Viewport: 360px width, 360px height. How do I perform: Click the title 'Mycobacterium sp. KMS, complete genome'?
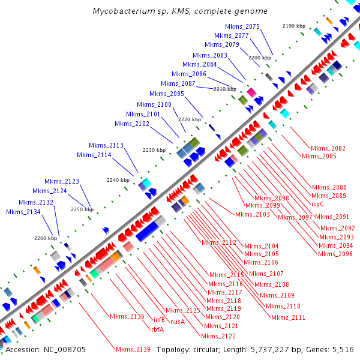click(x=180, y=11)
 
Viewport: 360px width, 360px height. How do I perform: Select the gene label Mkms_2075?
click(x=242, y=26)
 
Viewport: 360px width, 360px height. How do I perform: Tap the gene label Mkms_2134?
click(x=23, y=212)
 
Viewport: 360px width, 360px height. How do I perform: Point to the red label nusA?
click(x=177, y=322)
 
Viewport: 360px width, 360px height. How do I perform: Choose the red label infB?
click(x=158, y=320)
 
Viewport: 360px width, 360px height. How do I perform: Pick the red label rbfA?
click(x=157, y=328)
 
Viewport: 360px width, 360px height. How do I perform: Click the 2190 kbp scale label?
click(x=294, y=26)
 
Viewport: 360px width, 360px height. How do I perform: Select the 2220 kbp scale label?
click(x=190, y=119)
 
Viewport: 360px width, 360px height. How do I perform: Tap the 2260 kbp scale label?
click(x=45, y=238)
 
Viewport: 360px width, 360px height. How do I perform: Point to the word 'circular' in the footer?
click(x=209, y=349)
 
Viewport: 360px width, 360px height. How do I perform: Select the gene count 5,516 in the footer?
click(x=341, y=349)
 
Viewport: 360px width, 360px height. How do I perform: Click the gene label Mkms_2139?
click(x=133, y=349)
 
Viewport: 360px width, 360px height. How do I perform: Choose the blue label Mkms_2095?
click(x=167, y=94)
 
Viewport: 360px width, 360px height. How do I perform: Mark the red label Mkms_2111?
click(x=288, y=317)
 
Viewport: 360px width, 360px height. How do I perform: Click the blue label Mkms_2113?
click(x=106, y=145)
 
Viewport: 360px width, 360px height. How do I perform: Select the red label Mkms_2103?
click(x=253, y=214)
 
